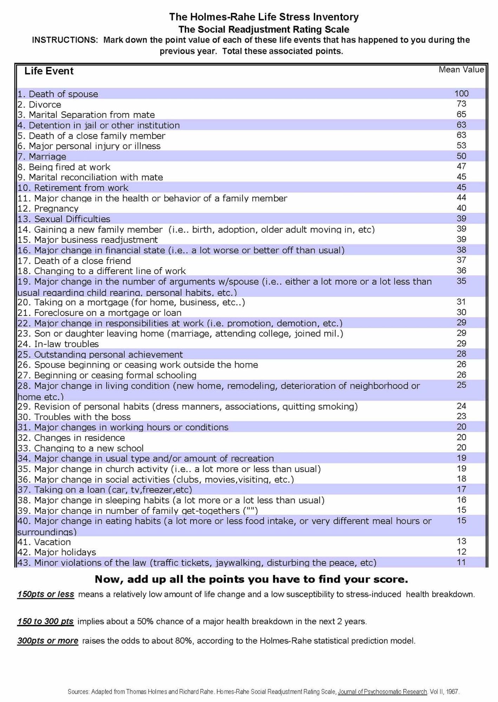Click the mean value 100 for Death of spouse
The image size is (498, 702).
click(461, 93)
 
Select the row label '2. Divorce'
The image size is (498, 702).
click(39, 105)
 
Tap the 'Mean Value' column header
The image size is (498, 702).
click(461, 70)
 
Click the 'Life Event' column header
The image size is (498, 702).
click(49, 71)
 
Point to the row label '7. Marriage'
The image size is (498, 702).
click(42, 157)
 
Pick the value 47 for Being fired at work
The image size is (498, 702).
click(461, 166)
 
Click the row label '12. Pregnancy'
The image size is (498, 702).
click(48, 209)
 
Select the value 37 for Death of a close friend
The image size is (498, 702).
click(461, 260)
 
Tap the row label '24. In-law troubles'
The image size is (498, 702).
click(58, 344)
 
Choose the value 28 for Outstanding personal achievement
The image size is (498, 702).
click(461, 354)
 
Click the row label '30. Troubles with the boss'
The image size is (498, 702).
click(74, 417)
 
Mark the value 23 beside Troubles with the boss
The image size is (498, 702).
click(461, 416)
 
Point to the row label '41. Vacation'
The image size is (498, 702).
click(44, 542)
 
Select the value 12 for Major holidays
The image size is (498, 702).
click(461, 552)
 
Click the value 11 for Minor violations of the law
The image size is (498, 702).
click(461, 563)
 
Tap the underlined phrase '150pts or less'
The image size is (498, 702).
click(46, 595)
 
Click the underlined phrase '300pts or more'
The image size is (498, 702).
click(48, 641)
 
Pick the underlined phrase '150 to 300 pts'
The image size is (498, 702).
click(45, 622)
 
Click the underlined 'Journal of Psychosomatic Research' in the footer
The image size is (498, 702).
click(382, 692)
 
